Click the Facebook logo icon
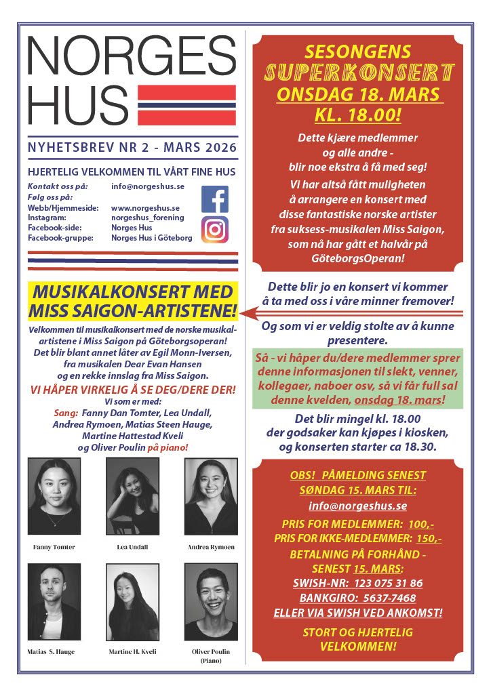[x=215, y=199]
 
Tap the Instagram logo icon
[x=215, y=230]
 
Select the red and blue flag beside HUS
[x=186, y=106]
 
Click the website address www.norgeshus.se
[x=145, y=207]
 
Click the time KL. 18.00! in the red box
[x=358, y=114]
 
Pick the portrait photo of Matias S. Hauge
[x=54, y=601]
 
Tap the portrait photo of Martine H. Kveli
[x=132, y=601]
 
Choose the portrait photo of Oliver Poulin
[x=211, y=601]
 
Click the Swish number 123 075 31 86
[x=387, y=583]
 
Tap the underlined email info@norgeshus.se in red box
[x=358, y=506]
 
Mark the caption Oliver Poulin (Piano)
[x=211, y=655]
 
